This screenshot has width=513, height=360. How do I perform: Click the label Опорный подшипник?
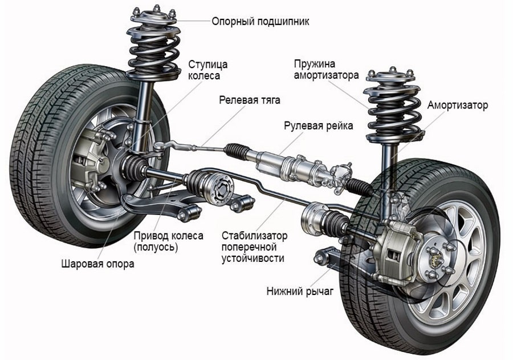[260, 22]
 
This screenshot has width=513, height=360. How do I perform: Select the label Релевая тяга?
[250, 100]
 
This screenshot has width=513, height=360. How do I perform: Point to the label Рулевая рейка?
[318, 126]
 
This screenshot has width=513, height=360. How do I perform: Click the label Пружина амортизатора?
[326, 68]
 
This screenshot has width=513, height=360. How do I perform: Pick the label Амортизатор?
[458, 106]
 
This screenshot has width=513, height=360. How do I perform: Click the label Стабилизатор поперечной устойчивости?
[254, 247]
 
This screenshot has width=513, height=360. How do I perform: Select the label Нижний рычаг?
[300, 292]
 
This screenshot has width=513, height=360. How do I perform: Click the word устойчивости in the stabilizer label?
[252, 258]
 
